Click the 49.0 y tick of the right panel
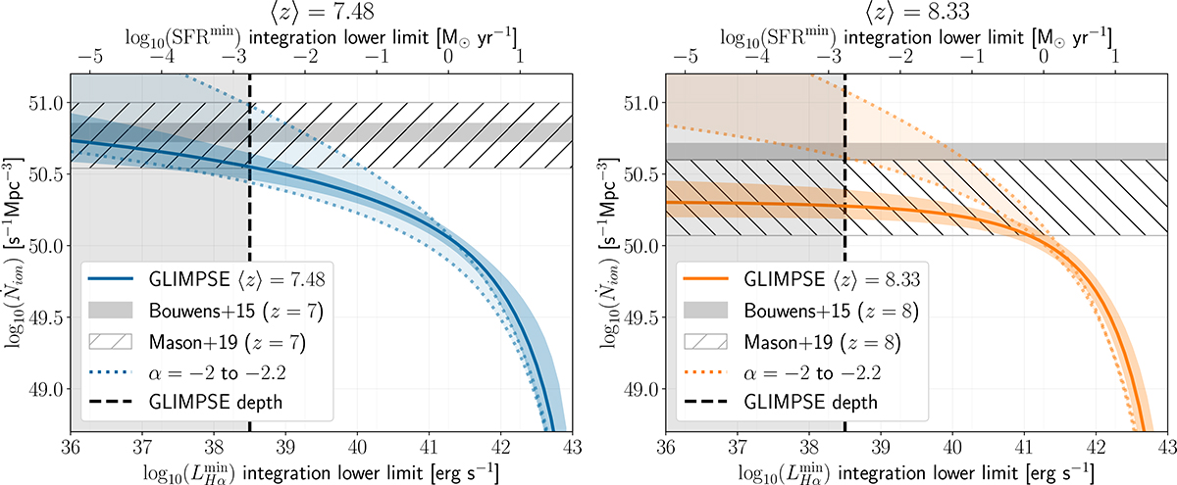[641, 389]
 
